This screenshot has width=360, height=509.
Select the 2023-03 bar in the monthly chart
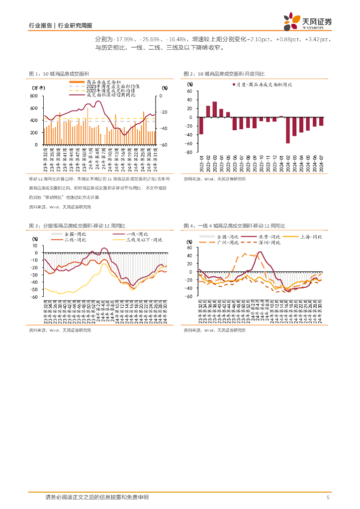click(214, 109)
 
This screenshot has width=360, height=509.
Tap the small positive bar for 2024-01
click(281, 117)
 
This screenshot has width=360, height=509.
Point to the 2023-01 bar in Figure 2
click(201, 126)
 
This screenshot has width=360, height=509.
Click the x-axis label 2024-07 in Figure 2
click(321, 162)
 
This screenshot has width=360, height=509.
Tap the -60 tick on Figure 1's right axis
click(164, 145)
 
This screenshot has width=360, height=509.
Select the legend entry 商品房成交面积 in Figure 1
click(99, 82)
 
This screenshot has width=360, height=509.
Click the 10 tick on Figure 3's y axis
click(35, 246)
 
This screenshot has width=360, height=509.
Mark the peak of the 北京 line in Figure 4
click(260, 252)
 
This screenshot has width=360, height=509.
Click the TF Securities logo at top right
click(308, 21)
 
